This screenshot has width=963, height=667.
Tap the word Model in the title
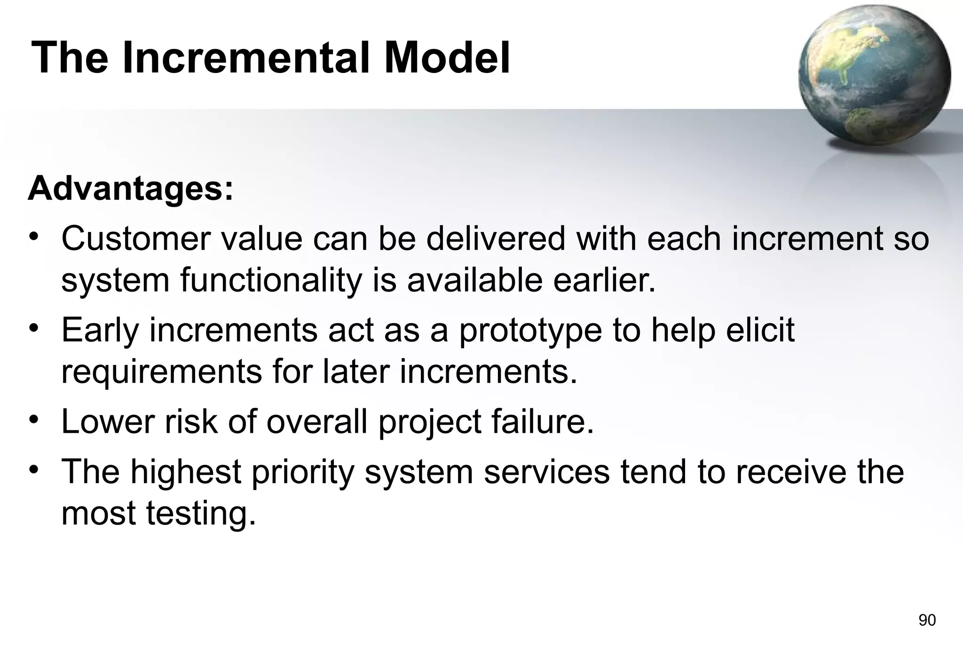tap(446, 58)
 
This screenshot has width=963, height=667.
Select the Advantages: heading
tap(130, 188)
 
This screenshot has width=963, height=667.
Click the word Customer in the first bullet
tap(135, 238)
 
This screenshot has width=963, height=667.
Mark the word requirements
tap(161, 372)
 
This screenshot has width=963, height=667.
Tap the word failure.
tap(543, 421)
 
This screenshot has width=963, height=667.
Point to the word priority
tap(303, 472)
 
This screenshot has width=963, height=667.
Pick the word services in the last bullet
tap(547, 472)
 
